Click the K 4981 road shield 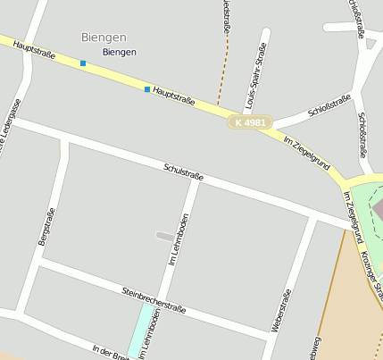pos(250,121)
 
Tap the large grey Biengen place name pos(104,38)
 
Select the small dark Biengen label pos(120,52)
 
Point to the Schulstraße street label pos(183,172)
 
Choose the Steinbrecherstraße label pos(154,300)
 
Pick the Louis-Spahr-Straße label pos(256,80)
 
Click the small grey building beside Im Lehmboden pos(165,236)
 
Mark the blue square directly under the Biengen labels pos(83,63)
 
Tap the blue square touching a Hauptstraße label pos(147,89)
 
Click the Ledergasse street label pos(11,125)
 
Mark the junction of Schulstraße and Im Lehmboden pos(196,182)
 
